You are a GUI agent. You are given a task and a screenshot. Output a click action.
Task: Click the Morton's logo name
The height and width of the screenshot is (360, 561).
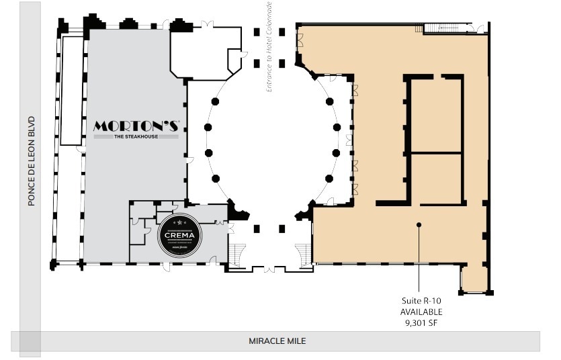point(136,126)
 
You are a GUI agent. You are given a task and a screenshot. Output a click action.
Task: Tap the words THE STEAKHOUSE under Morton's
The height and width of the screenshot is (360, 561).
point(136,137)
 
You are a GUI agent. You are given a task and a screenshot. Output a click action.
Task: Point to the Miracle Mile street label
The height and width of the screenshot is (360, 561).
point(277,341)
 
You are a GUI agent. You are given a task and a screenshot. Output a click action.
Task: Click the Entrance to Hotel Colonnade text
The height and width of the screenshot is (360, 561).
point(269,46)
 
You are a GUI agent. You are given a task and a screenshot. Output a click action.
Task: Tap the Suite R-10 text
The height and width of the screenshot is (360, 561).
point(421,302)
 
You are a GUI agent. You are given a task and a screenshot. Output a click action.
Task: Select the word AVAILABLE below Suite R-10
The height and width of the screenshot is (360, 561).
point(421,312)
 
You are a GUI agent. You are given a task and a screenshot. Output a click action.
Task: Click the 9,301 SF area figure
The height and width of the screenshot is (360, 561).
point(421,322)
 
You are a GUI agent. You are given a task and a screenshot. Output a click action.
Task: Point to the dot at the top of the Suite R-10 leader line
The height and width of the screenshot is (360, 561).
point(419,224)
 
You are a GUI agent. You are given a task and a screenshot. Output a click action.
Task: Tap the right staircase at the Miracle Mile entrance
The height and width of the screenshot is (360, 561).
point(304,254)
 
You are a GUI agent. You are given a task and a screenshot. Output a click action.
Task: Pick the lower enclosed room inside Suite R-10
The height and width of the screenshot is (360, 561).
point(436,177)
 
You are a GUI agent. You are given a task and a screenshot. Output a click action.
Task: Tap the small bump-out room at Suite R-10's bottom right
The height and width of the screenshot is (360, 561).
point(474,278)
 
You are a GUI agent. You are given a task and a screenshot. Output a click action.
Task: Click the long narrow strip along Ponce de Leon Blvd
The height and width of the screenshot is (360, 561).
point(69,148)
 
